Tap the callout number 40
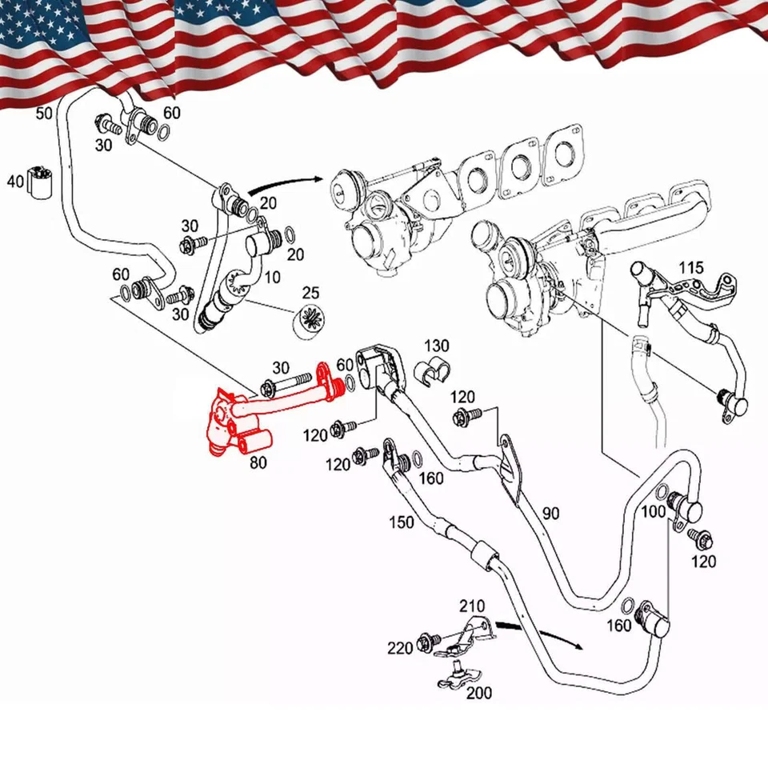15,182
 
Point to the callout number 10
273,278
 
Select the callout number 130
437,346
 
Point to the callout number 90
550,513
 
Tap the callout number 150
401,522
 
